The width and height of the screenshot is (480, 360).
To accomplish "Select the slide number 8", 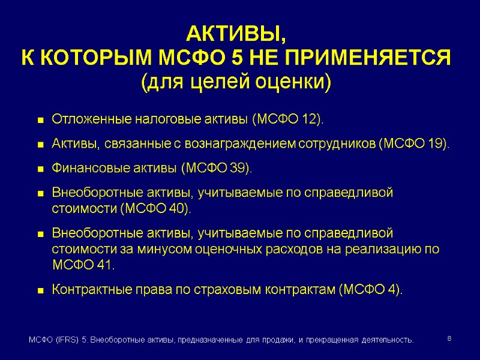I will point(449,340).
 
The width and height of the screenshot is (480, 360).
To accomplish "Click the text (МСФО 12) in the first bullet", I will point(287,119).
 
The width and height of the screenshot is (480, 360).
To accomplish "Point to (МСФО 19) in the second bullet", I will point(413,145).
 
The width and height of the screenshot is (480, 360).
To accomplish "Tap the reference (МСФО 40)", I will point(155,209).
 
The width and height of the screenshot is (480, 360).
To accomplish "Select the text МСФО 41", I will point(83,265).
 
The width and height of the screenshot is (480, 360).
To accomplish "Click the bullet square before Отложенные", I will point(41,121).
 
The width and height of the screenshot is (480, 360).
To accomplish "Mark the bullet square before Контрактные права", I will point(41,291).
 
